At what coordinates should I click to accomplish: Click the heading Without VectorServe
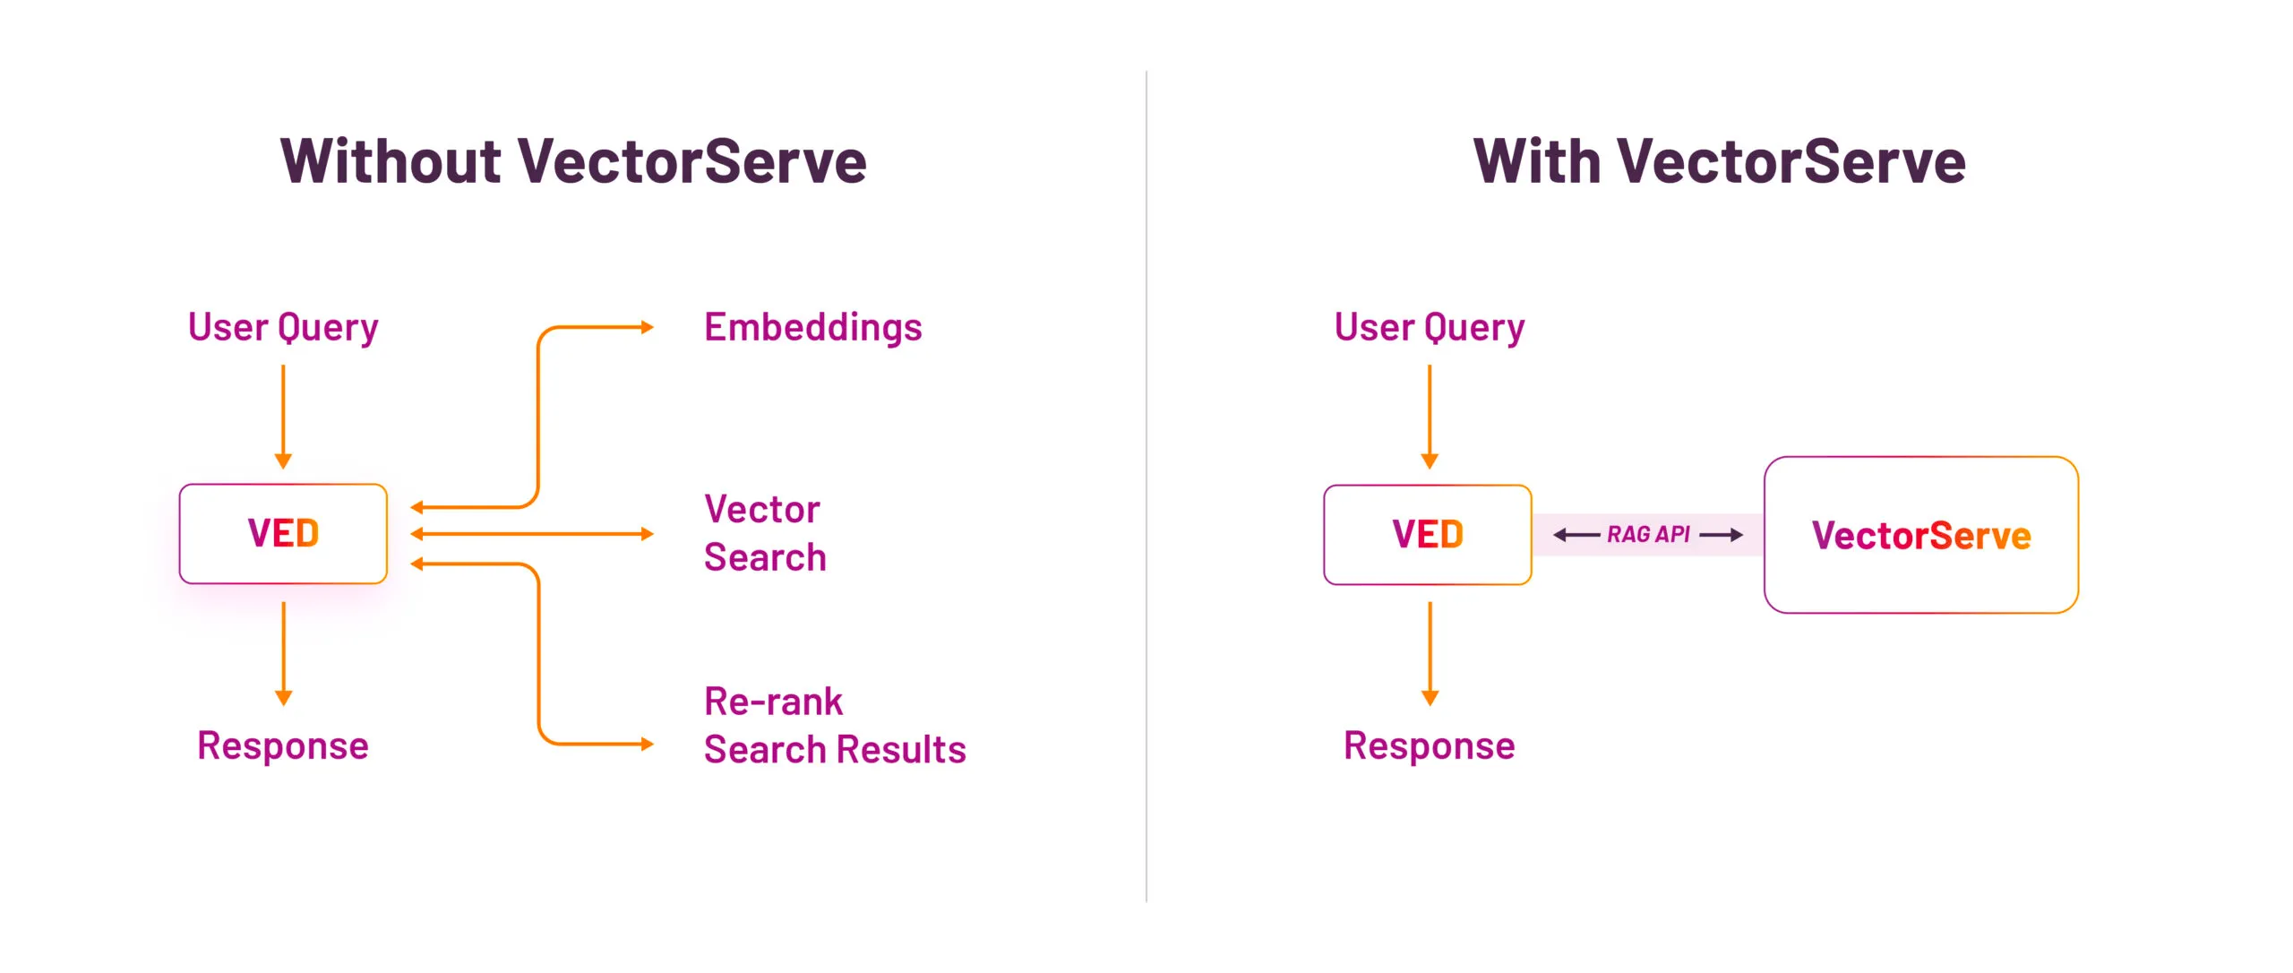(x=573, y=162)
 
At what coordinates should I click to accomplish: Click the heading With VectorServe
(x=1719, y=162)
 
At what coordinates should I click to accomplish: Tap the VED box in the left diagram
(x=283, y=534)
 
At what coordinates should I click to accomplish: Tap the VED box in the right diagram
(x=1428, y=535)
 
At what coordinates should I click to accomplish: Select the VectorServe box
(x=1920, y=536)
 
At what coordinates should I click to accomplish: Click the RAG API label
(x=1647, y=535)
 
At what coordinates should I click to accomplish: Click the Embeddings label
(x=812, y=328)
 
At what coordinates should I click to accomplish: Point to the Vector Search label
(x=764, y=533)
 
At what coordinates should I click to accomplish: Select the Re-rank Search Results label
(x=834, y=726)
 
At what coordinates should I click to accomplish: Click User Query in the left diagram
(x=283, y=328)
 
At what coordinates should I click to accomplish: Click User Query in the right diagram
(x=1429, y=328)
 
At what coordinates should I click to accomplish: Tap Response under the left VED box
(x=283, y=746)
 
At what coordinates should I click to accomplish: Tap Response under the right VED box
(x=1429, y=746)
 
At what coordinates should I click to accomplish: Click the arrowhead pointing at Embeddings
(x=648, y=328)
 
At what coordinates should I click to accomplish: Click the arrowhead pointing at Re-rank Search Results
(x=648, y=744)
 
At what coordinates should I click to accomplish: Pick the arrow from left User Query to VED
(x=283, y=417)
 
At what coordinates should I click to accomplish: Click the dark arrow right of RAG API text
(x=1721, y=535)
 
